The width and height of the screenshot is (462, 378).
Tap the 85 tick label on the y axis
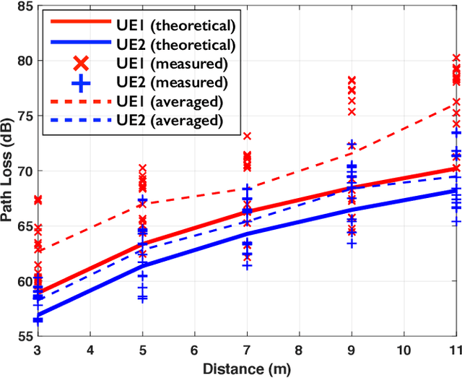pyautogui.click(x=22, y=7)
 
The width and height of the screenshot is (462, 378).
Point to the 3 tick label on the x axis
pyautogui.click(x=38, y=350)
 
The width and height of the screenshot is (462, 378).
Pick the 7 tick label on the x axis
pyautogui.click(x=248, y=350)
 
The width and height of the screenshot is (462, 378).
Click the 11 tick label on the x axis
pyautogui.click(x=456, y=350)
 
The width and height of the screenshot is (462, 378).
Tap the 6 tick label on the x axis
pyautogui.click(x=195, y=350)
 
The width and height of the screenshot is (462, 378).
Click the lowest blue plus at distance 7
pyautogui.click(x=247, y=266)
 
